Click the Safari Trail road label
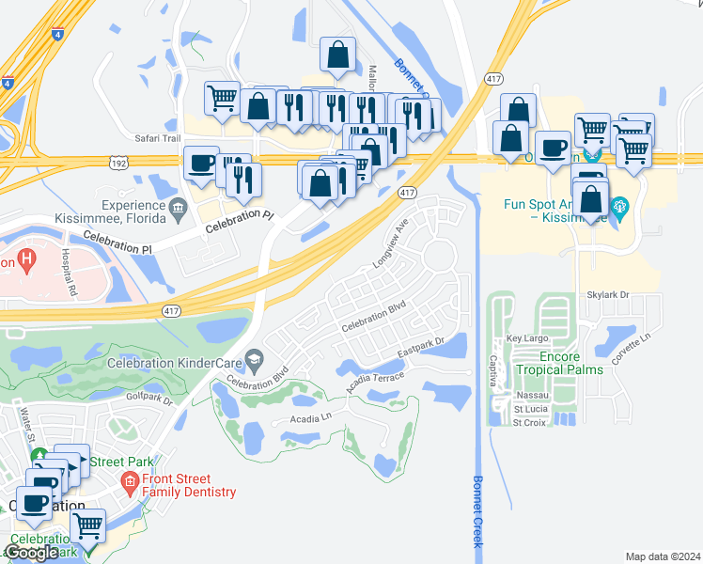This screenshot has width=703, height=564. [x=157, y=138]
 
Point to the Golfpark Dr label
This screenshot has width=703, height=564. [x=150, y=399]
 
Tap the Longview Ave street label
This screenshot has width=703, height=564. [x=391, y=243]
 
